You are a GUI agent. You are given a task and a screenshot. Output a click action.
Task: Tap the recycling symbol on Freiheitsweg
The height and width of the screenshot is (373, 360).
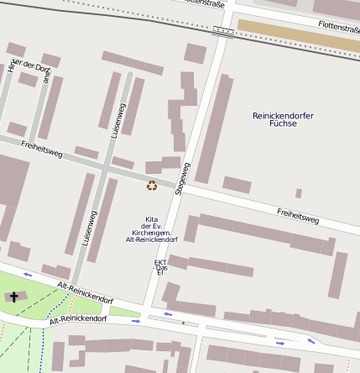click(152, 185)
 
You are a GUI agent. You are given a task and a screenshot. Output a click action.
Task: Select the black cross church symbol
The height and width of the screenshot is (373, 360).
click(13, 297)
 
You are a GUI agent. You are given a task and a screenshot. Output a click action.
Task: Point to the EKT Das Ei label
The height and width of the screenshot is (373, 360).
click(160, 266)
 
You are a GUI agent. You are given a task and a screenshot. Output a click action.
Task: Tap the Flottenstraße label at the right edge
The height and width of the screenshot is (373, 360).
click(338, 27)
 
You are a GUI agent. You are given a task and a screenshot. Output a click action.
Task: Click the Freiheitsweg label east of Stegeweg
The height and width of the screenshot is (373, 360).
click(297, 214)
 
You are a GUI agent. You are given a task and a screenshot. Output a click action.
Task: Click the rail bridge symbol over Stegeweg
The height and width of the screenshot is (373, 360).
click(223, 31)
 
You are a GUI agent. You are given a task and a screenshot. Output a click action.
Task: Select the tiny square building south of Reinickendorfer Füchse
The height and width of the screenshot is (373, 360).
click(298, 193)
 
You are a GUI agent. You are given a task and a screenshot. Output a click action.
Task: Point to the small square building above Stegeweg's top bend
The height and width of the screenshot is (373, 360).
click(196, 54)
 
